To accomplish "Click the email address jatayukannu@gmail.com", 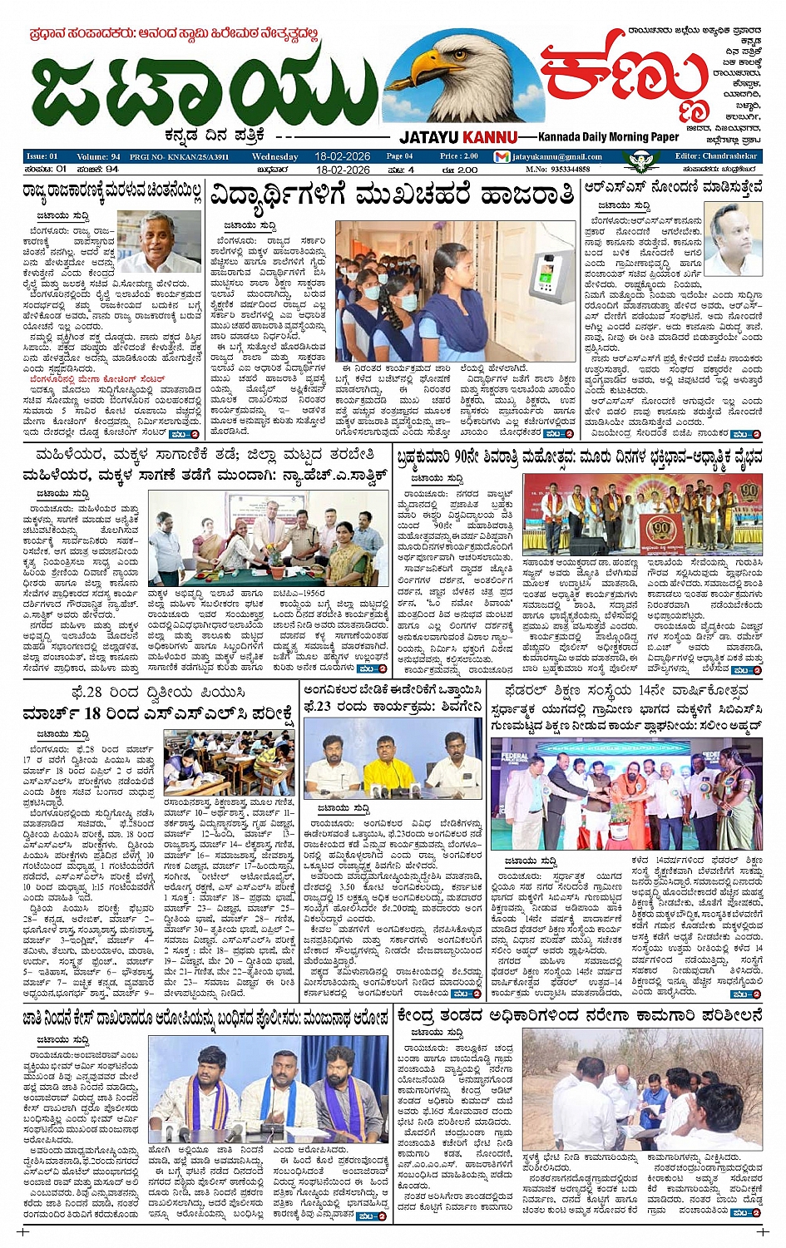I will [x=556, y=156].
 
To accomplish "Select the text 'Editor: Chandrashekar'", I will [x=716, y=156].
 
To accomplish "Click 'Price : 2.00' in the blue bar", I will [x=459, y=156].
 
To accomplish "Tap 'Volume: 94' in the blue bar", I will [x=98, y=156].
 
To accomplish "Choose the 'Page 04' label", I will [x=399, y=156].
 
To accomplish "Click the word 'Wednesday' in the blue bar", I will [x=274, y=156].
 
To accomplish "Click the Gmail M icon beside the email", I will [x=502, y=156].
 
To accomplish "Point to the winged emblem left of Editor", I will [x=640, y=159].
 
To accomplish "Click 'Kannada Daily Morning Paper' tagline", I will [x=608, y=137].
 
